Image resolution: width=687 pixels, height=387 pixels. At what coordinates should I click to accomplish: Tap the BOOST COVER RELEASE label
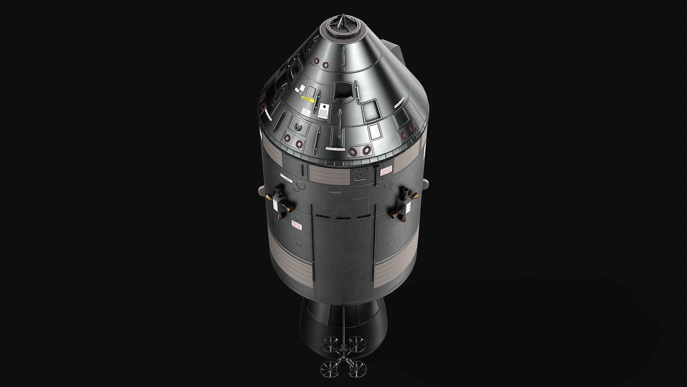tap(324, 111)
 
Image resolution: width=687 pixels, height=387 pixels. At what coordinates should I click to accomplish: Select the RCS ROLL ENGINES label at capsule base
tap(335, 148)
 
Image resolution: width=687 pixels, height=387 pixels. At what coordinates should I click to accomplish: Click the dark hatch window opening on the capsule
tap(343, 92)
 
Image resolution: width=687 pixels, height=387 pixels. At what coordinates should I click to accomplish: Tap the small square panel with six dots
tap(361, 175)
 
